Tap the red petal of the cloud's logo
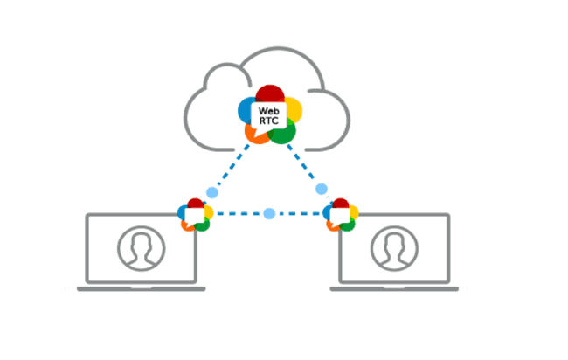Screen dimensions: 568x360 (270, 93)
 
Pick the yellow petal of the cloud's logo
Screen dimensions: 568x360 (294, 109)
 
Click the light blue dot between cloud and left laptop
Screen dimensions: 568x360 (211, 191)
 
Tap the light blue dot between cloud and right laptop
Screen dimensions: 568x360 (322, 189)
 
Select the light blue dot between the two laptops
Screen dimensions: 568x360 (269, 213)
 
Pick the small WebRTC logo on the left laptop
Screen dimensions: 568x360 (196, 214)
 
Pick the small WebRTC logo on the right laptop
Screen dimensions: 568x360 (341, 214)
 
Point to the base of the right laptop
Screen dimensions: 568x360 (395, 287)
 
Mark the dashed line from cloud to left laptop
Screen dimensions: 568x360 (230, 170)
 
